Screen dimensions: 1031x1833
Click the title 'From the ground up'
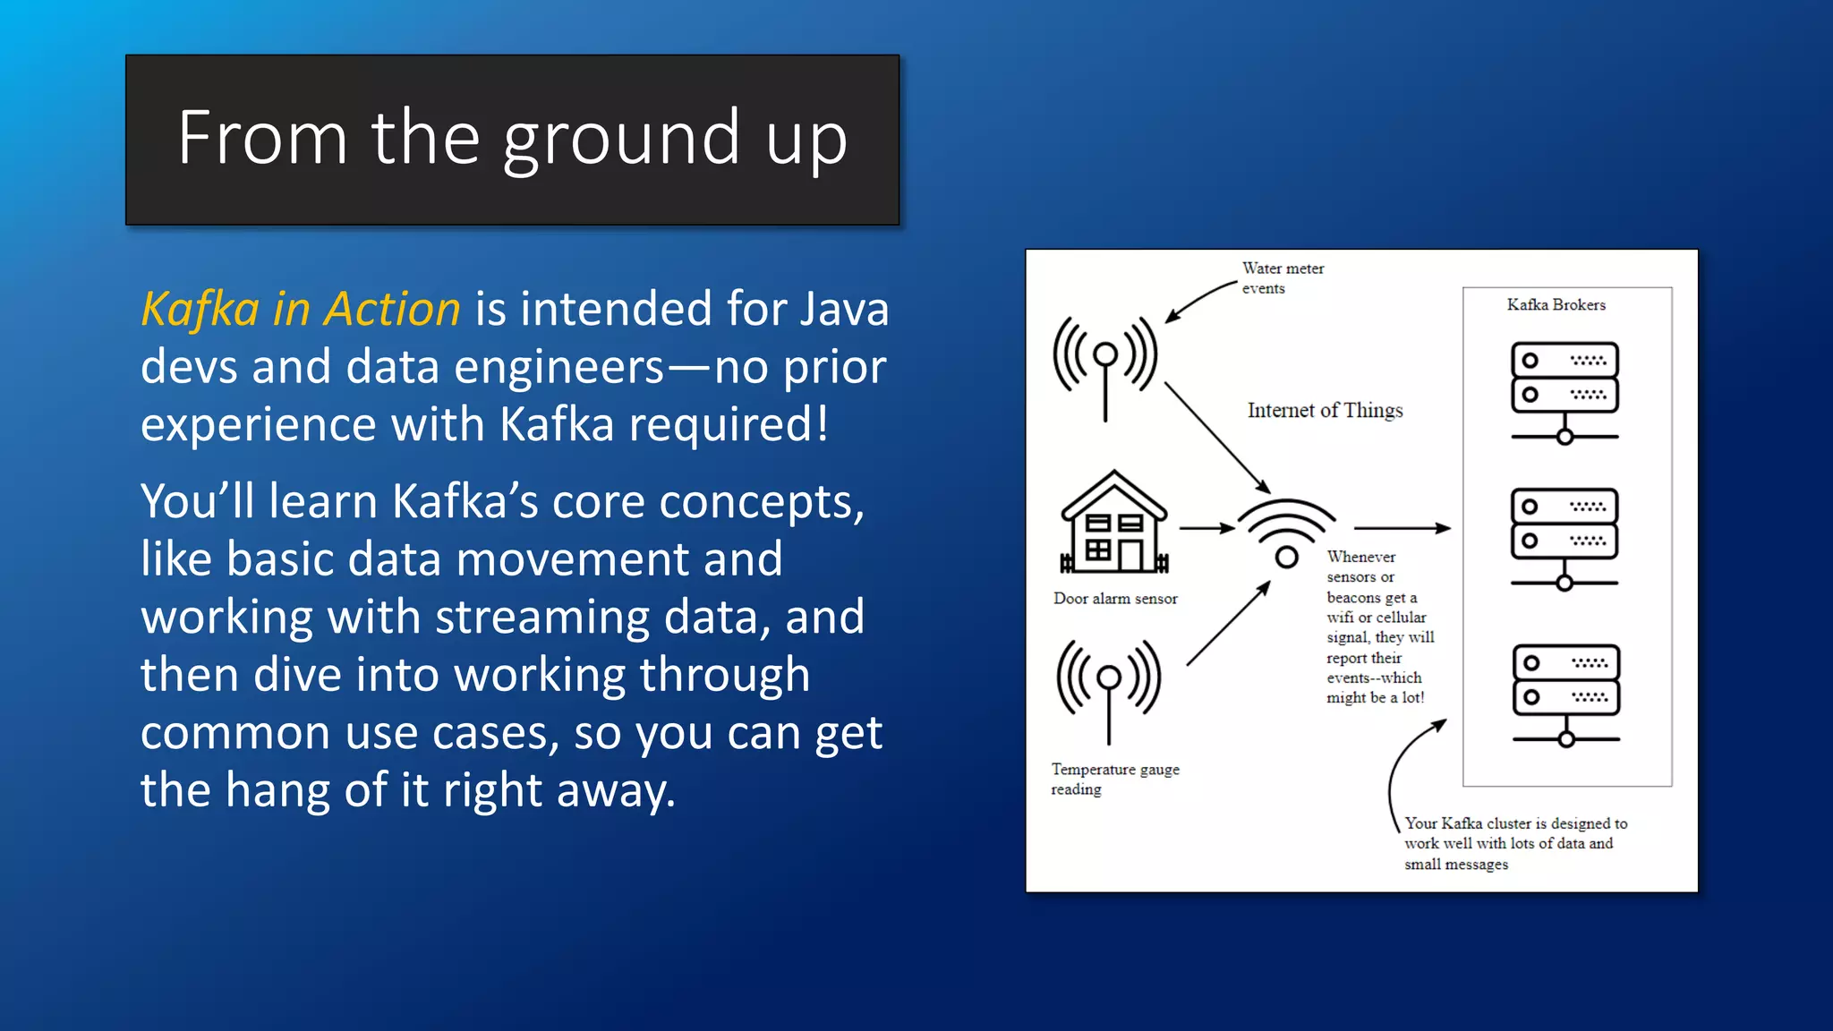click(512, 139)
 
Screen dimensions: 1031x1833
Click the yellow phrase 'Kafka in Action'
click(301, 310)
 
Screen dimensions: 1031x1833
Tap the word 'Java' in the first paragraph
click(843, 310)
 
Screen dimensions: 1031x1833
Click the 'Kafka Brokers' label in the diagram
click(1556, 305)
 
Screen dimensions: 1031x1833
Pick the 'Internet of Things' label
click(1325, 411)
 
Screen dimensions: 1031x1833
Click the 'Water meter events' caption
click(1282, 278)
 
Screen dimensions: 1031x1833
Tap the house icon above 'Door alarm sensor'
click(1113, 523)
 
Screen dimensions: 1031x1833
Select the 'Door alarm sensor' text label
click(1115, 599)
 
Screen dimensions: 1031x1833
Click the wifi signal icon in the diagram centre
click(1286, 533)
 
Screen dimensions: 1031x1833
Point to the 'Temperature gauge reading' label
click(1114, 779)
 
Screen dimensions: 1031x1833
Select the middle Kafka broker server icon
click(1564, 538)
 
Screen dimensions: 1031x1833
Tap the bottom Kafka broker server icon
click(1565, 694)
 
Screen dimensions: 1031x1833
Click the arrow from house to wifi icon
click(1206, 529)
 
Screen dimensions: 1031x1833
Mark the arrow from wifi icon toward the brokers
click(1401, 529)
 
